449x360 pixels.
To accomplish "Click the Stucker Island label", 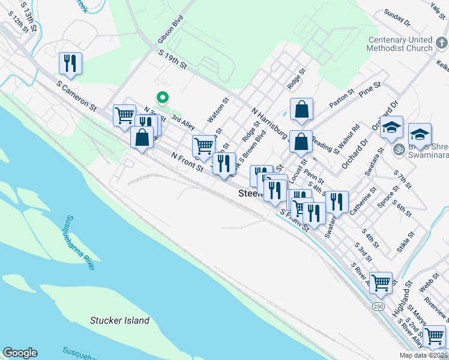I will (119, 320).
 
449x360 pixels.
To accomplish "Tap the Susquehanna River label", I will (80, 242).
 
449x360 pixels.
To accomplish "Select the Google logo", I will (20, 353).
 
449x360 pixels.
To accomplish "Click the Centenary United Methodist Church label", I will (400, 44).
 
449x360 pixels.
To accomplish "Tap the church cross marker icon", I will (442, 43).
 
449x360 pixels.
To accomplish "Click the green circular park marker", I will (161, 97).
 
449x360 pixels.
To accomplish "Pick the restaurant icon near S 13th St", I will (70, 63).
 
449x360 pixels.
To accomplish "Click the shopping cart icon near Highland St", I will (381, 283).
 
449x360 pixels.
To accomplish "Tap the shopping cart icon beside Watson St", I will (203, 145).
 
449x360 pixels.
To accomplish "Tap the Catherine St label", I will (364, 200).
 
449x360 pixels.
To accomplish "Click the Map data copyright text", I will (423, 355).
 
